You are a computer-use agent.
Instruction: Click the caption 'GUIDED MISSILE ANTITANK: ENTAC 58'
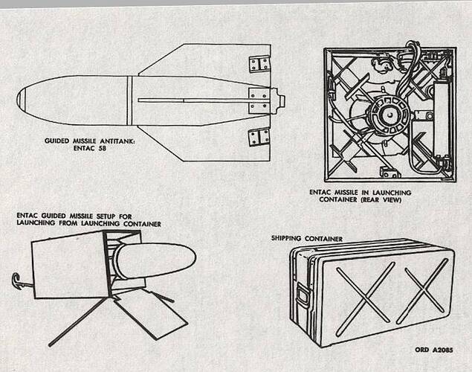85,144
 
